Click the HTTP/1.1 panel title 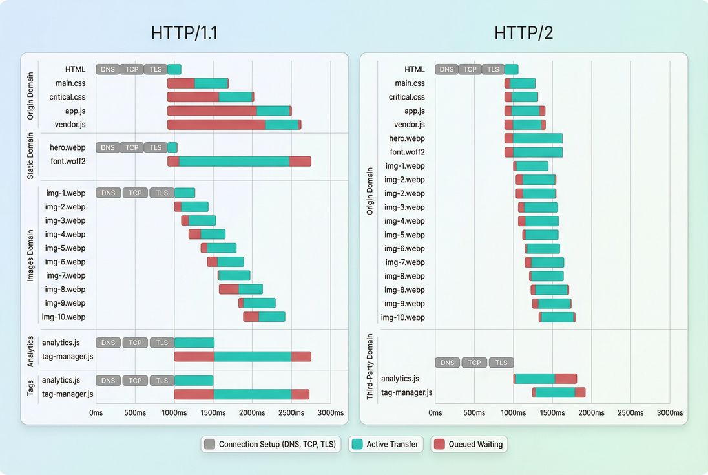[x=184, y=33]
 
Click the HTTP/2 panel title [x=523, y=33]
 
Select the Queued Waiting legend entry [x=469, y=444]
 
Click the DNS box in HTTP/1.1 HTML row [x=107, y=69]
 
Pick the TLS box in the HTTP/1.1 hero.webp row [x=155, y=147]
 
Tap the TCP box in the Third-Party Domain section [x=474, y=363]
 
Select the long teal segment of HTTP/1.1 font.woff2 [x=234, y=162]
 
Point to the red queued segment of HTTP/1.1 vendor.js [x=216, y=124]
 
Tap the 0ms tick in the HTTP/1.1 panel [x=96, y=412]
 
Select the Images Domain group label [x=30, y=255]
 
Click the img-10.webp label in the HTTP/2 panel [x=403, y=317]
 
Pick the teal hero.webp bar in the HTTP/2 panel [x=537, y=138]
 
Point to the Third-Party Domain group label [x=370, y=366]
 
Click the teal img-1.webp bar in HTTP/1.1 [x=185, y=193]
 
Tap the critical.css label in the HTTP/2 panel [x=407, y=97]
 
